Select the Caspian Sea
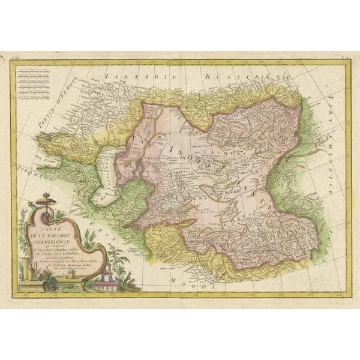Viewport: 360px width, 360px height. pos(105,174)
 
